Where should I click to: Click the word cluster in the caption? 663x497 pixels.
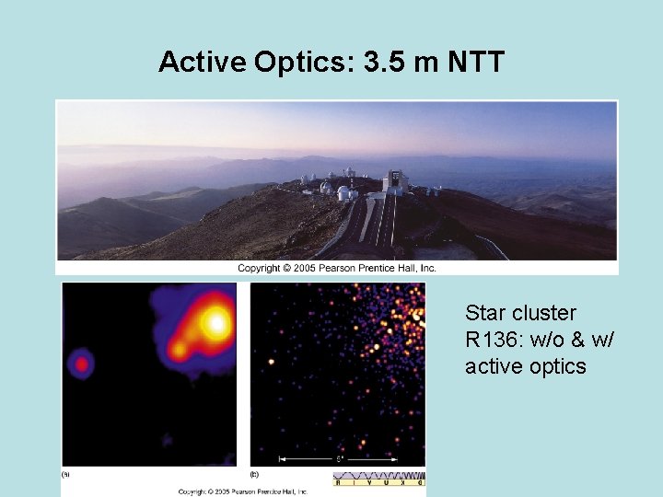point(547,313)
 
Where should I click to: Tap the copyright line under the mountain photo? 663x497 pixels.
point(337,268)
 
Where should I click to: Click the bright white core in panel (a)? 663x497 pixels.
point(217,322)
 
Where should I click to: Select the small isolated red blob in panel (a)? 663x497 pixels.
point(82,364)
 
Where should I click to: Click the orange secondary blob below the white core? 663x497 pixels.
point(189,349)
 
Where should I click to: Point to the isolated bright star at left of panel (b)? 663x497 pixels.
point(271,362)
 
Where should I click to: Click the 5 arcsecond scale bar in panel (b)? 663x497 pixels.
point(340,457)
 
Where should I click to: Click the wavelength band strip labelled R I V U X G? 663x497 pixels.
point(378,479)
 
